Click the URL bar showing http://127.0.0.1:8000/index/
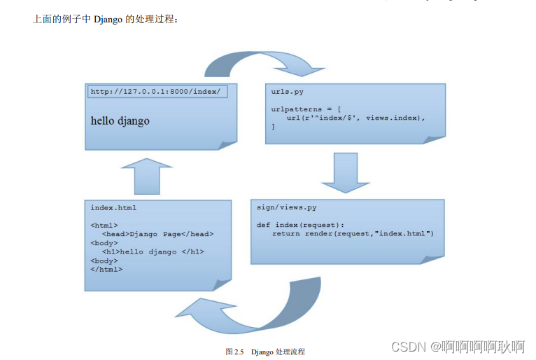pos(157,92)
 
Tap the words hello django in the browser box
pos(120,120)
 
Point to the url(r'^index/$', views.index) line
pos(355,118)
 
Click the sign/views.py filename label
pos(287,207)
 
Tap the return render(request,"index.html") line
pos(353,233)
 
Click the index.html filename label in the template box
pos(113,207)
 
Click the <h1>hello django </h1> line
pos(153,251)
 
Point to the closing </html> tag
pos(106,269)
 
